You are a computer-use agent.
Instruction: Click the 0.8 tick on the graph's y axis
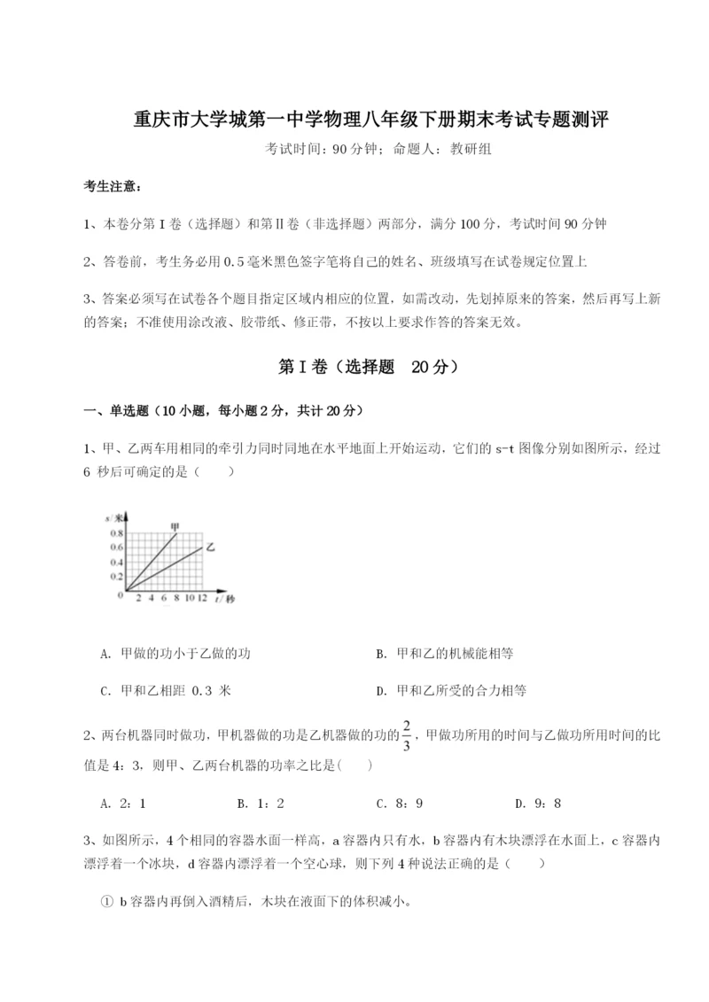[x=117, y=534]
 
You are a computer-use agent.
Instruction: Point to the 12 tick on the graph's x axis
[x=203, y=599]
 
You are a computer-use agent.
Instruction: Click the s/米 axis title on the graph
[x=113, y=517]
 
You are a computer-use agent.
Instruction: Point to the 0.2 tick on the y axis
[x=117, y=575]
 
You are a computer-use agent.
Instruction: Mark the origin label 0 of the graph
[x=120, y=595]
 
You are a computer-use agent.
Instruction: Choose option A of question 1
[x=176, y=654]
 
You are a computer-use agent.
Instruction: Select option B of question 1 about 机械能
[x=444, y=654]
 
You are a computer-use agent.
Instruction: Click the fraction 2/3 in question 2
[x=406, y=735]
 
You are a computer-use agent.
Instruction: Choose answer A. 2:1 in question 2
[x=123, y=804]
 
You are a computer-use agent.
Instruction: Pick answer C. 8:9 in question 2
[x=399, y=804]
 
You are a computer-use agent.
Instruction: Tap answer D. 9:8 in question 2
[x=538, y=804]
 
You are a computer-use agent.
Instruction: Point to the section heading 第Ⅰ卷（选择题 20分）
[x=354, y=366]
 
